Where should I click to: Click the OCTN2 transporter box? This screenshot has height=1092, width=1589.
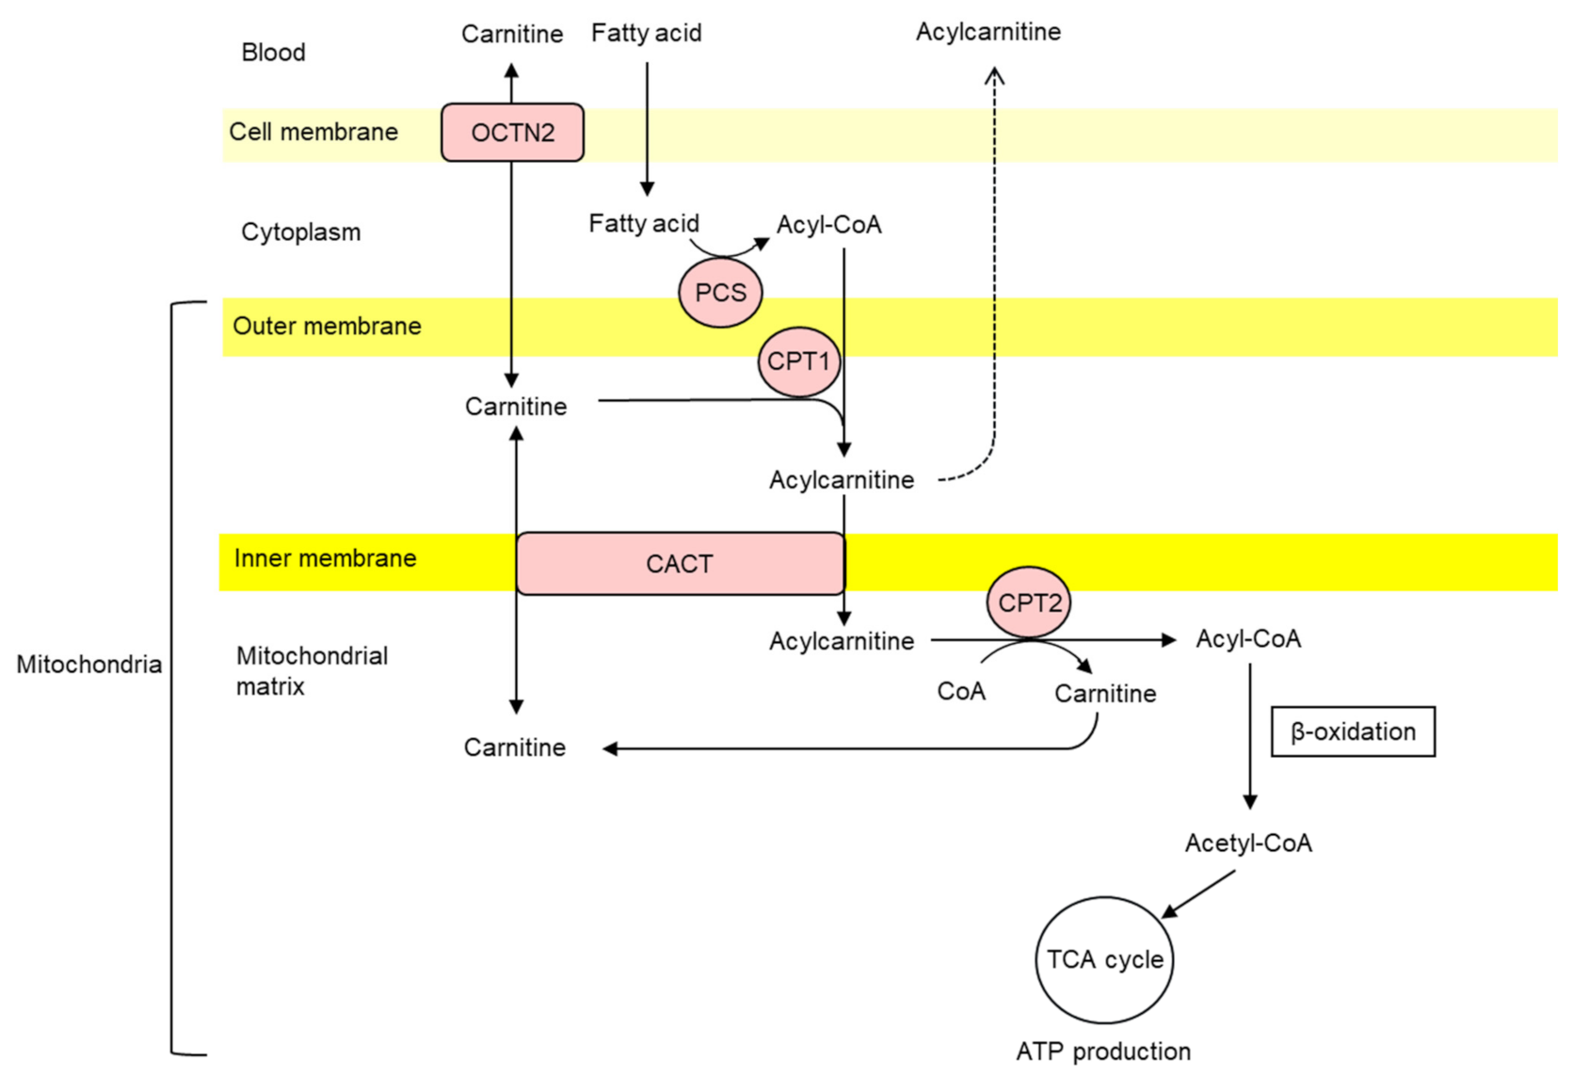click(x=512, y=133)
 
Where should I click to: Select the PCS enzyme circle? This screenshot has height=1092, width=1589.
click(x=720, y=293)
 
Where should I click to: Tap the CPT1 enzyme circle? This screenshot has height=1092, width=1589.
click(x=798, y=361)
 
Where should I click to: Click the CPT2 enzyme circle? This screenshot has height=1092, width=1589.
click(x=1029, y=602)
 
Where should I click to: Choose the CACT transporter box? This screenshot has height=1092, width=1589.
click(x=680, y=564)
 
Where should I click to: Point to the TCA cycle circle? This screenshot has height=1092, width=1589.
click(x=1104, y=959)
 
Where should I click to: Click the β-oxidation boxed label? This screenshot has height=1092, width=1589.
click(x=1353, y=731)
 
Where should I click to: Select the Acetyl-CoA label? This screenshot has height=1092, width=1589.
click(x=1247, y=843)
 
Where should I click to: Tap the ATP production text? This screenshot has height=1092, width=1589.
click(x=1103, y=1051)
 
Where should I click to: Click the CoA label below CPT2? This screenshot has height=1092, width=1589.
click(x=961, y=691)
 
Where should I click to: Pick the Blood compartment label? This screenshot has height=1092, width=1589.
click(x=273, y=52)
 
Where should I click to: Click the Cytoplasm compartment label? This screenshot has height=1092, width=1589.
click(x=300, y=232)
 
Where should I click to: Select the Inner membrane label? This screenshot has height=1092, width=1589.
click(x=325, y=558)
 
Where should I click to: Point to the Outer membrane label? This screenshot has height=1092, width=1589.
click(x=327, y=326)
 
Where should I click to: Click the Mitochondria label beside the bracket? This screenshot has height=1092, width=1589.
click(x=88, y=665)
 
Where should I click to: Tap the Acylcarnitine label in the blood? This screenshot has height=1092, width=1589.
click(x=987, y=32)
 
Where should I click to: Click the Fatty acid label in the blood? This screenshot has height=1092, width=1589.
click(x=646, y=33)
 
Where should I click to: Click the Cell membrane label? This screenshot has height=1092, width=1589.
click(x=313, y=132)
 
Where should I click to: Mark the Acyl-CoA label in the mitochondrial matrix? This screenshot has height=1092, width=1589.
click(x=1247, y=639)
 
